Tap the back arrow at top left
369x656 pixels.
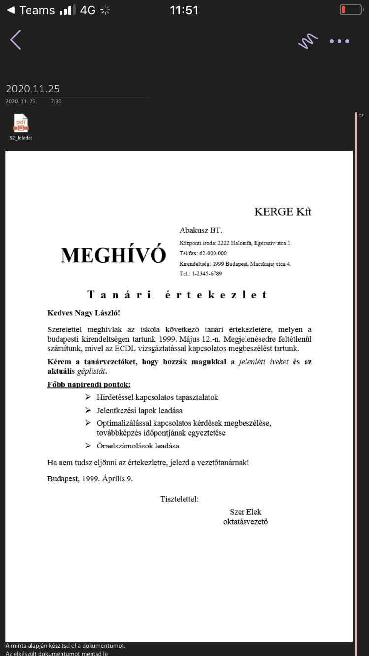[16, 40]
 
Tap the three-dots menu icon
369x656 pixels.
[339, 41]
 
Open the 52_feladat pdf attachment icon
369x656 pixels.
[21, 123]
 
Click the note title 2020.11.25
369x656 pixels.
[32, 89]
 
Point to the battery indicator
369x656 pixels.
[351, 10]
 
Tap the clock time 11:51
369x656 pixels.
[184, 10]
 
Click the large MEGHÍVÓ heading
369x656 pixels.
[113, 255]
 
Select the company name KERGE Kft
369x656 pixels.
[283, 212]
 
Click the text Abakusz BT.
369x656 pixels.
[201, 230]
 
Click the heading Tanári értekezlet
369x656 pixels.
[177, 295]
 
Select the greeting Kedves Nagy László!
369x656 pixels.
[84, 313]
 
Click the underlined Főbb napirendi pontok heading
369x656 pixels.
[89, 385]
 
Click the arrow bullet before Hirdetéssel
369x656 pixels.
[88, 397]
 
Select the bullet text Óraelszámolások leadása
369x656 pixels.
[138, 446]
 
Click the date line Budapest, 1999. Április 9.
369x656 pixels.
[90, 478]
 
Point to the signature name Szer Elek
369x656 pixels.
[246, 512]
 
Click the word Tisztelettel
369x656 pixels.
[179, 499]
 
